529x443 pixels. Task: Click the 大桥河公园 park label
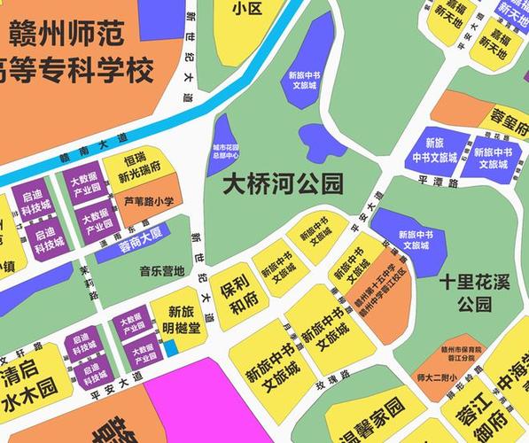(282, 184)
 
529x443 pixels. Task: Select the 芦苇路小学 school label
(148, 203)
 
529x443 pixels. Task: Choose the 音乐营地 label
(161, 271)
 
